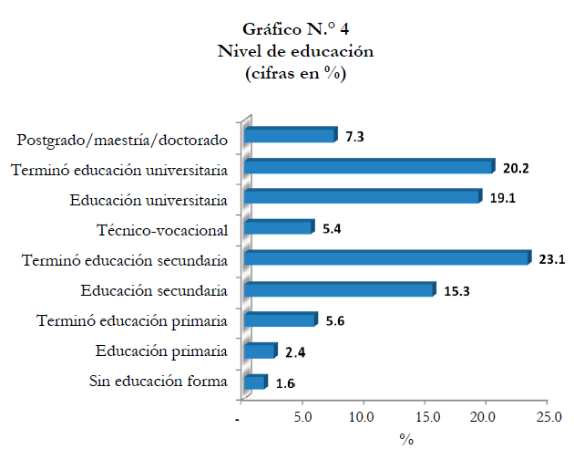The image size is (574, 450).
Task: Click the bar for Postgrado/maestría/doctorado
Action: (x=290, y=136)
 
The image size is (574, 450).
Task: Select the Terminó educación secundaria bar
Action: (x=386, y=258)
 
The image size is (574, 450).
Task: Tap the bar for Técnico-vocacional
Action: (x=279, y=227)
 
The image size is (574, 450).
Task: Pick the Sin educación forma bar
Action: (x=255, y=382)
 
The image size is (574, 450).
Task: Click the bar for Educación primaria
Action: (x=260, y=351)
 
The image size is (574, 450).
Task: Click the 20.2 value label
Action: (x=515, y=167)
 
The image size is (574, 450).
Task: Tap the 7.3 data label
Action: (x=355, y=137)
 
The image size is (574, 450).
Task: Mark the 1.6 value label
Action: (x=285, y=383)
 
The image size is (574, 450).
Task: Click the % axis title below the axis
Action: (x=405, y=439)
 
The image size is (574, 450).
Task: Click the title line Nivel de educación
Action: (x=295, y=52)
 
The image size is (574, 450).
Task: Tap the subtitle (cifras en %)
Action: (x=295, y=73)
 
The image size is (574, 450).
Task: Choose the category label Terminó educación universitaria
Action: (x=118, y=170)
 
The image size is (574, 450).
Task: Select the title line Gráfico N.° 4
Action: (x=295, y=31)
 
